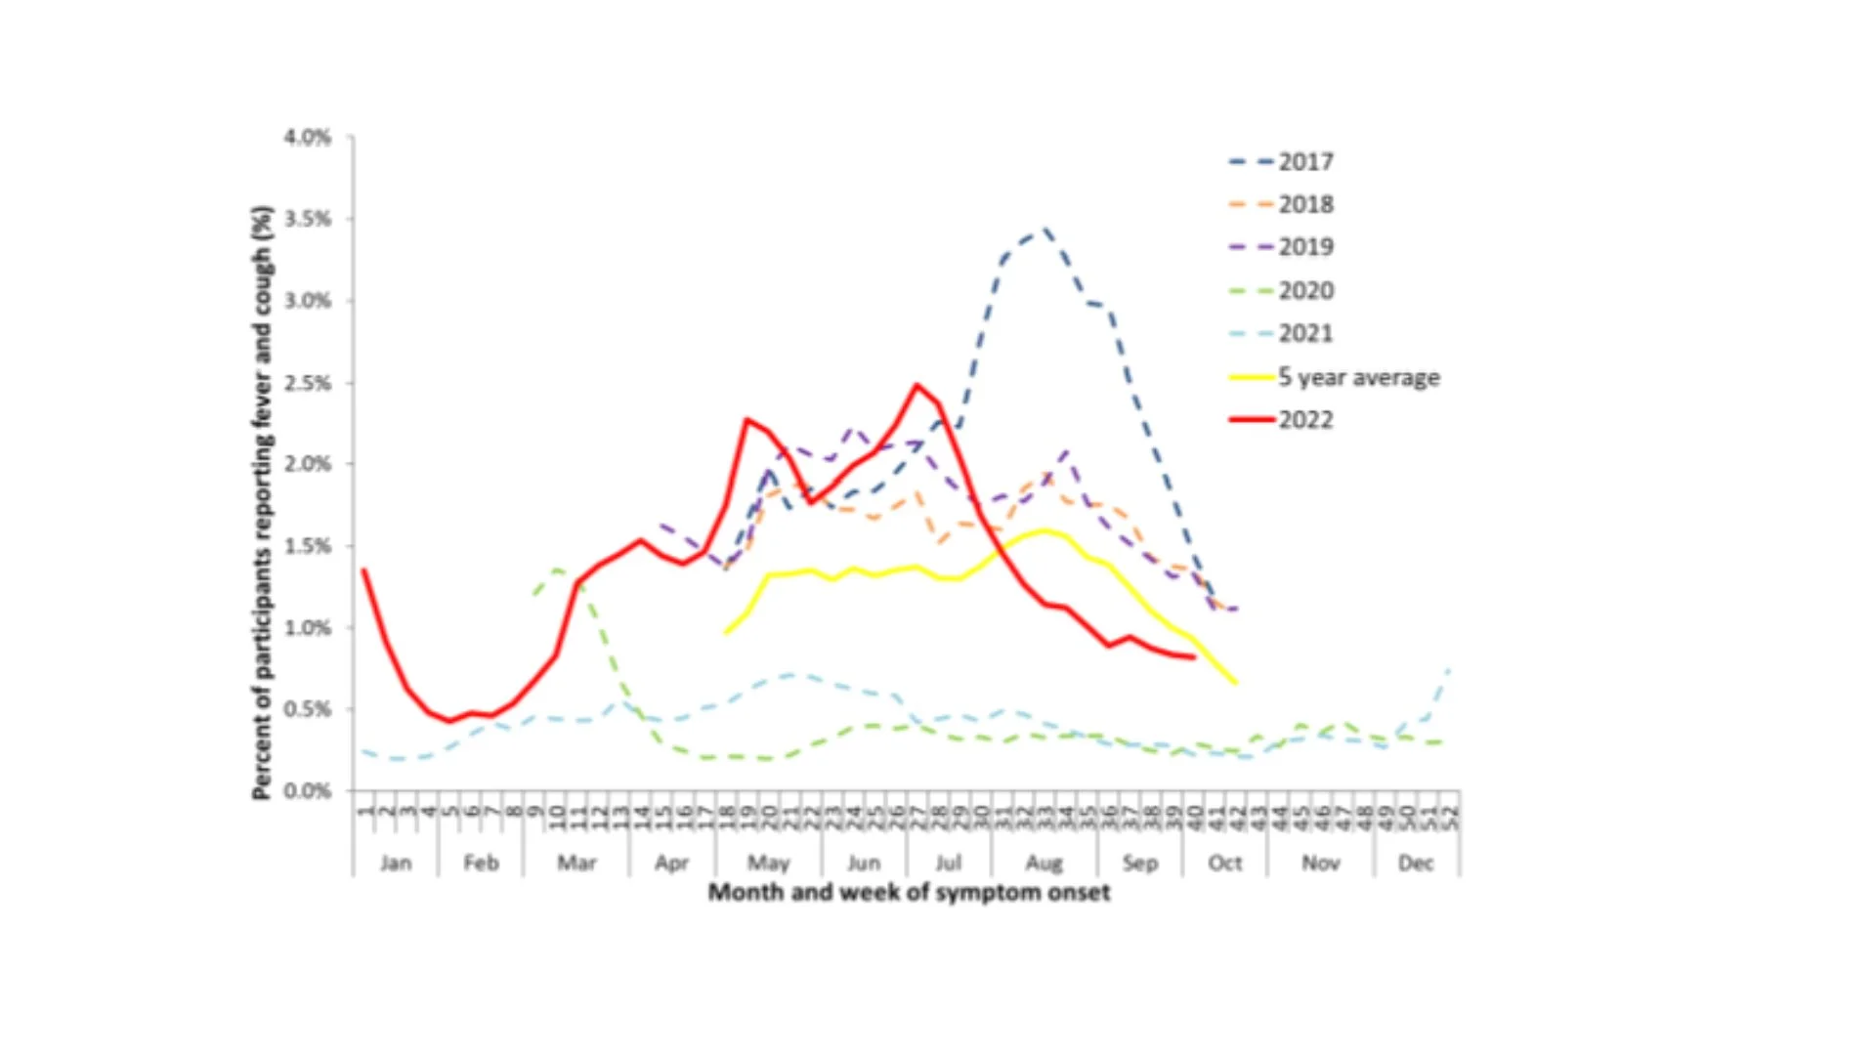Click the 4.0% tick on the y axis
(308, 138)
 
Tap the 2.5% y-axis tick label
(308, 383)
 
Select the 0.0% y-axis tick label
(308, 790)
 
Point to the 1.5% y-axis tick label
(308, 546)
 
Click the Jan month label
(396, 863)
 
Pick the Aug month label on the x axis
(1044, 863)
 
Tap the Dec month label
(1416, 863)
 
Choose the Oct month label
(1224, 863)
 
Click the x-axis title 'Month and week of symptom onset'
(909, 892)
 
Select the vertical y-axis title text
(262, 503)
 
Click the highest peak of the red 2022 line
(917, 385)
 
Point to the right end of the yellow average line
(1236, 683)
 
